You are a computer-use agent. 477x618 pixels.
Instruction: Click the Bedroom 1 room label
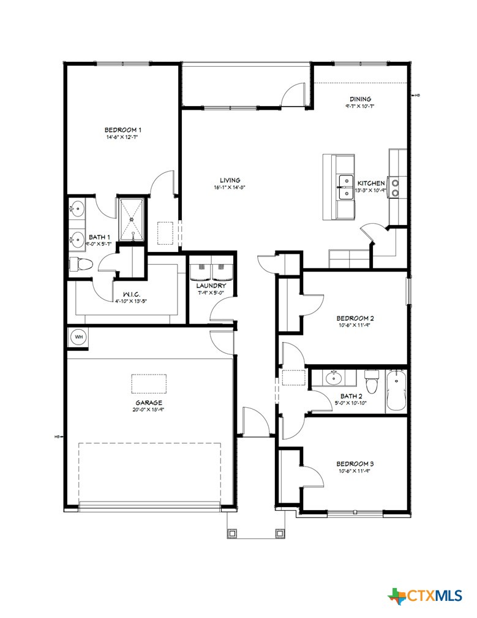[123, 130]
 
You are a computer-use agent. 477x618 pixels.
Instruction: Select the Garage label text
[149, 403]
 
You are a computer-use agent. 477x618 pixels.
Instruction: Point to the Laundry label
[211, 286]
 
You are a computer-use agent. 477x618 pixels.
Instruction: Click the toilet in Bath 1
[80, 264]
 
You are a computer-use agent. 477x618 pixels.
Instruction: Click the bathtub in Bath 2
[396, 391]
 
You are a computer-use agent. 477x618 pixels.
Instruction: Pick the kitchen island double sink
[345, 187]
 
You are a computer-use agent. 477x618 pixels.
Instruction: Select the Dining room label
[360, 99]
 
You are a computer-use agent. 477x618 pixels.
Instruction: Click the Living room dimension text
[230, 188]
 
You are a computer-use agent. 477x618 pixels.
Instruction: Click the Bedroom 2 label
[355, 318]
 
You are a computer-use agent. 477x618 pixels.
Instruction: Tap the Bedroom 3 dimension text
[355, 471]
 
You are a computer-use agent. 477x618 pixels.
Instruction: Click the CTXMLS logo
[425, 595]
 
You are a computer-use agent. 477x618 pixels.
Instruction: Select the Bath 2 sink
[334, 378]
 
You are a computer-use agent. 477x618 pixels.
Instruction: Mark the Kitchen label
[371, 183]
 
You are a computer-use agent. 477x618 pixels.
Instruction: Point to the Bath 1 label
[100, 237]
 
